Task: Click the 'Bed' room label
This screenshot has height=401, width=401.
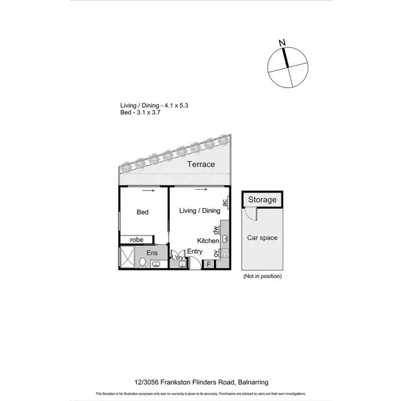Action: click(142, 212)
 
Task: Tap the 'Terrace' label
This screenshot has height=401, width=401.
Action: click(201, 165)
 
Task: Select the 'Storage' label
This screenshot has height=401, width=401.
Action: click(262, 200)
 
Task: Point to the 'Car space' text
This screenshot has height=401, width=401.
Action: click(262, 237)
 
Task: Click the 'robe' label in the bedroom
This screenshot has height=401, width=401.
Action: click(136, 240)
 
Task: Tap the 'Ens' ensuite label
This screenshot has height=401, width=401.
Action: click(152, 252)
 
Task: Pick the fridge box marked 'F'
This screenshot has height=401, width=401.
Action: click(208, 263)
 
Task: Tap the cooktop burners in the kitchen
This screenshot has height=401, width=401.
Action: click(225, 253)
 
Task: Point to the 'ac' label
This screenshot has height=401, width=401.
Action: click(226, 202)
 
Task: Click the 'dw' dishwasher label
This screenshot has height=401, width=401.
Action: click(217, 230)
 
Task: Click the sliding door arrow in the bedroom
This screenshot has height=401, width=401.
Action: click(149, 190)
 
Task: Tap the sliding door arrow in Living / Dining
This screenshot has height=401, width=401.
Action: click(202, 189)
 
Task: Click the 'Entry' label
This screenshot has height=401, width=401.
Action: click(195, 251)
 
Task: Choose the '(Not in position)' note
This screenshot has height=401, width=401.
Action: click(262, 276)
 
